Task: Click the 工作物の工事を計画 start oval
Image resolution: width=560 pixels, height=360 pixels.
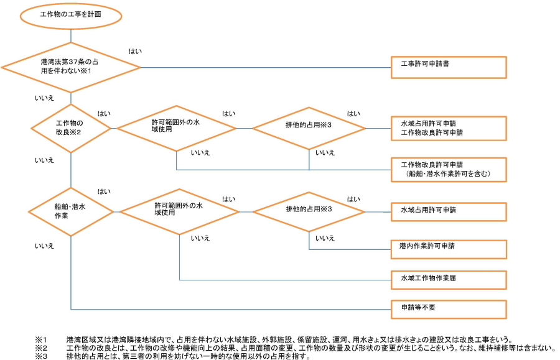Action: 71,15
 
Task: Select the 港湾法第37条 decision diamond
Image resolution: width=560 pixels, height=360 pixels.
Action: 71,67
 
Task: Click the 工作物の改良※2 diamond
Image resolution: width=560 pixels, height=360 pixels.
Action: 71,128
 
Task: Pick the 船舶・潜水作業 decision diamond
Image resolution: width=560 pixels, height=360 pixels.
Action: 71,211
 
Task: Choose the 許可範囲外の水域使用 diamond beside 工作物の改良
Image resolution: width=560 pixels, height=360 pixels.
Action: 177,128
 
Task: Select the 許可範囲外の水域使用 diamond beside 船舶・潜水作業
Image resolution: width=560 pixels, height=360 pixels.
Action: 179,210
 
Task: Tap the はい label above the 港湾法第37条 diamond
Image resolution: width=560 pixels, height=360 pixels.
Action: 135,51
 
